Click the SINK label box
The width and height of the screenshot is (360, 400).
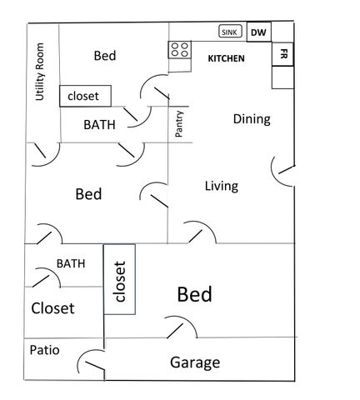click(x=228, y=32)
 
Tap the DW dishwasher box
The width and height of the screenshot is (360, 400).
click(x=258, y=32)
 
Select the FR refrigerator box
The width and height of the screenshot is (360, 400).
click(x=283, y=54)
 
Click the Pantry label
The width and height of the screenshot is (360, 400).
click(x=179, y=122)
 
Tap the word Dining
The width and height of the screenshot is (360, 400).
click(x=252, y=119)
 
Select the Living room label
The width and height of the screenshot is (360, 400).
click(x=222, y=186)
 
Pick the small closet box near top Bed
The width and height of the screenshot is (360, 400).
click(x=83, y=96)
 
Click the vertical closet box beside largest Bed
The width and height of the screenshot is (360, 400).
click(x=119, y=279)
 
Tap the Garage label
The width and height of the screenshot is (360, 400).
click(x=195, y=362)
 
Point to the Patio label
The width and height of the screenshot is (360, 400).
click(x=44, y=350)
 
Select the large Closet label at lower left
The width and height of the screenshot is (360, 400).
click(x=52, y=308)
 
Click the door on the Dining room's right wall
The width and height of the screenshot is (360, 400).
click(x=282, y=170)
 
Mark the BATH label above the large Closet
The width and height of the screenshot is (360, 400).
click(x=71, y=263)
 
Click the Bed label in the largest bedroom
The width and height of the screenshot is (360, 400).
click(x=194, y=294)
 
